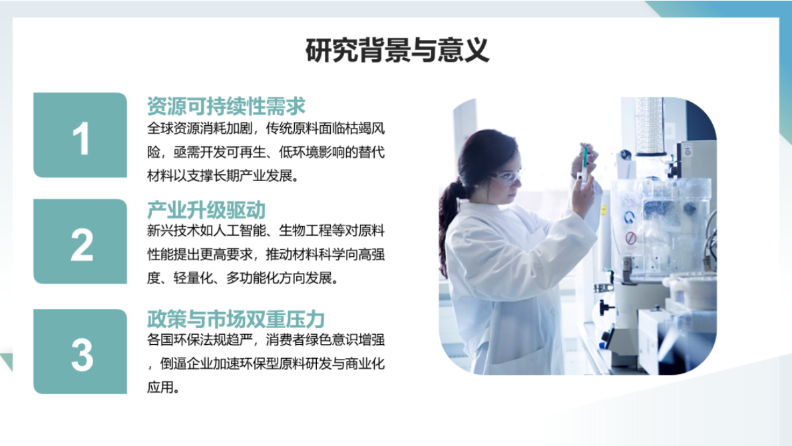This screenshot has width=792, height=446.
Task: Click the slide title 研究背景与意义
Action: point(397,51)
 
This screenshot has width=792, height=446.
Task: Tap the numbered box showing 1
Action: point(81,136)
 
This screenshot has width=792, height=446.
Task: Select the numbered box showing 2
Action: point(81,242)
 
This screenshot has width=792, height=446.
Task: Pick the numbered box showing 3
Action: point(81,352)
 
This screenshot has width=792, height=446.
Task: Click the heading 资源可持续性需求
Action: point(226,106)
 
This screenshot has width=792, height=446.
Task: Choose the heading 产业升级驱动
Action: point(206,210)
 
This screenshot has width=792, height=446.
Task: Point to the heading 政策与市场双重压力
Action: point(236,320)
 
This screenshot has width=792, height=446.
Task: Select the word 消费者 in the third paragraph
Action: point(284,341)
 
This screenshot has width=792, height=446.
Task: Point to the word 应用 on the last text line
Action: point(159,387)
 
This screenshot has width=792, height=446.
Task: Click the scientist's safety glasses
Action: point(506,176)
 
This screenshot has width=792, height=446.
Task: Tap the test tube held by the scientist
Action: point(584,162)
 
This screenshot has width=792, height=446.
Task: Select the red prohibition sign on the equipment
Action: point(630,238)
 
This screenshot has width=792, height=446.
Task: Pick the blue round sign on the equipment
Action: point(629,217)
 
